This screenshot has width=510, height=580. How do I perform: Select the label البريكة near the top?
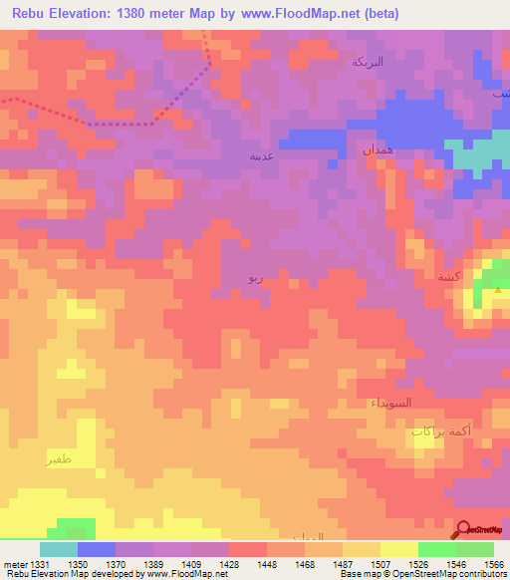(368, 62)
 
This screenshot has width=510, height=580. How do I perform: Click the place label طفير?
(58, 459)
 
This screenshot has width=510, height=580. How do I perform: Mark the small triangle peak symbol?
(497, 288)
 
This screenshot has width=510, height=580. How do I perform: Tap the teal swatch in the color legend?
(58, 549)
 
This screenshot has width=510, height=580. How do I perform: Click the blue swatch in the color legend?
(97, 549)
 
